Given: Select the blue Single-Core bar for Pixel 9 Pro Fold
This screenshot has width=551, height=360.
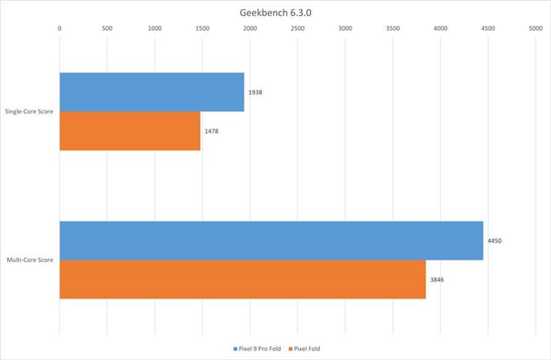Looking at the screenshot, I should coord(152,92).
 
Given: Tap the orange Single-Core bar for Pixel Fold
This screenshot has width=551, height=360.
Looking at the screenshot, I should coord(129,130).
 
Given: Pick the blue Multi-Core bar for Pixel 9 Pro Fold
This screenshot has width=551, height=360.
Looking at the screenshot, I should coord(271,241).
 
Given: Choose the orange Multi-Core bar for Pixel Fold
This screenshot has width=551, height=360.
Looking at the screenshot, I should coord(242,279).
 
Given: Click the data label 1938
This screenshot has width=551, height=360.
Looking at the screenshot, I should coord(256,92).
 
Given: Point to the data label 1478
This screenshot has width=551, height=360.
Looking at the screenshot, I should coord(212,130).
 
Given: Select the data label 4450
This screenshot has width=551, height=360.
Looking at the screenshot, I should coord(495,241).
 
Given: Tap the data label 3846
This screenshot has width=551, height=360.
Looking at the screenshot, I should coord(437,279).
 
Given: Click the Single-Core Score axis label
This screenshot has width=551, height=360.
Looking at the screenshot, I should coord(30,112).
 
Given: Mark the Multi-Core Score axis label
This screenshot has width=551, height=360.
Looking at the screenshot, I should coord(30,261).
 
